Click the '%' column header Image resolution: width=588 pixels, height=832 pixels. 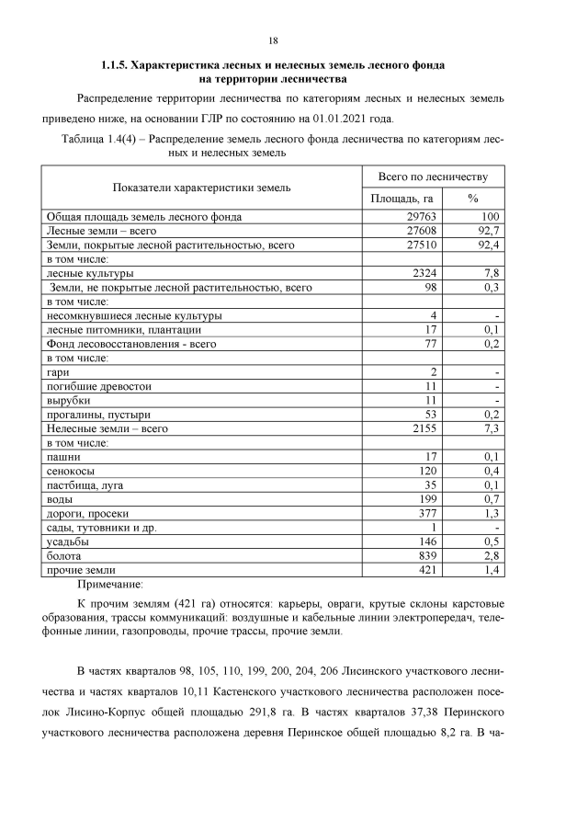tap(473, 198)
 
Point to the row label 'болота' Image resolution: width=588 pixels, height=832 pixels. tap(64, 555)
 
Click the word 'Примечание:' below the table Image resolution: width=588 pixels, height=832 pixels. tap(111, 585)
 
